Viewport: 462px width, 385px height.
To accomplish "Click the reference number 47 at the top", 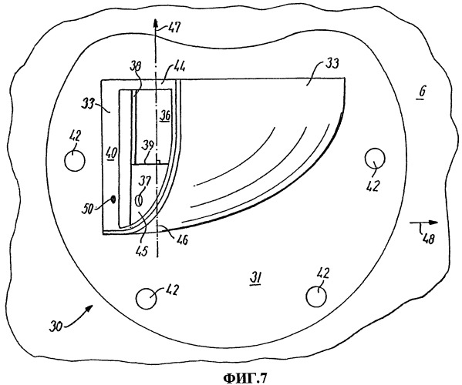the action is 174,28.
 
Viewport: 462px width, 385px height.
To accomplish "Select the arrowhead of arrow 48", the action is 433,223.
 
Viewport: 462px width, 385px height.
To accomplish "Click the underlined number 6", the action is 422,92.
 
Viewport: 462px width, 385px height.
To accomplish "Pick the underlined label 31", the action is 255,278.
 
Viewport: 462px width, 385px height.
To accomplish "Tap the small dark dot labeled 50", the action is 113,199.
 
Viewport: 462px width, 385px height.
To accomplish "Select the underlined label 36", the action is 165,115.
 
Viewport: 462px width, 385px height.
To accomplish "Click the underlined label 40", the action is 112,153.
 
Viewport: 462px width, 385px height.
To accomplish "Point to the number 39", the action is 148,145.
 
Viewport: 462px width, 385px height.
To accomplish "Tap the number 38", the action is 136,65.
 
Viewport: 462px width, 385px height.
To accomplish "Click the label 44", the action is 179,68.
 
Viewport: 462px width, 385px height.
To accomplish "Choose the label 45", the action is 141,251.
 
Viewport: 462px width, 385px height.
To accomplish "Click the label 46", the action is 182,239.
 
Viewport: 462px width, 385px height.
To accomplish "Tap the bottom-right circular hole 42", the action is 316,297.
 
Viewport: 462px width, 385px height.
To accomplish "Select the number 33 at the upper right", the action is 332,63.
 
